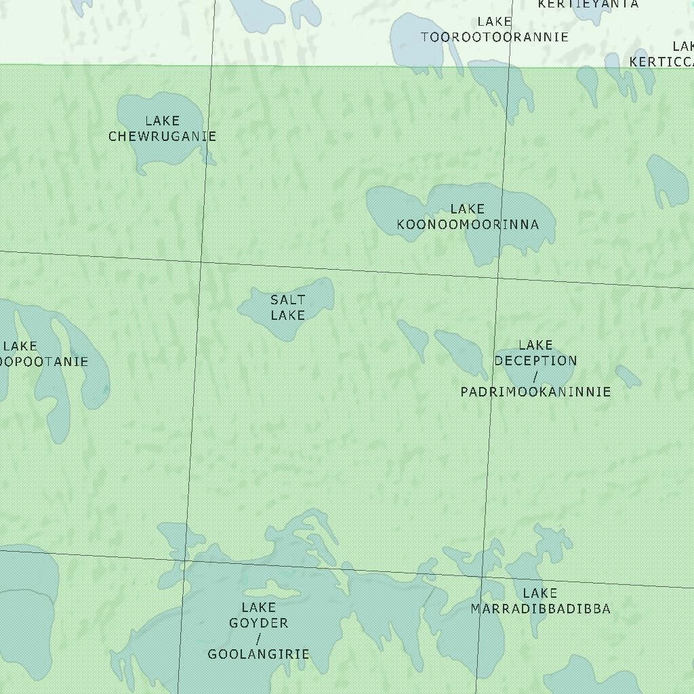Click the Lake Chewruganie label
pos(162,129)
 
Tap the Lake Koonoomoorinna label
pos(468,217)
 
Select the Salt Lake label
pos(288,307)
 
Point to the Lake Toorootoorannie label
pos(495,30)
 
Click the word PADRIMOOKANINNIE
pos(535,392)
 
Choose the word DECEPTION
pos(535,361)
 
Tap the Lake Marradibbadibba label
pos(540,602)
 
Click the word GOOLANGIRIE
pos(258,654)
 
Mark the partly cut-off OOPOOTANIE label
pos(44,361)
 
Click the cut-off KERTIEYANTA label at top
pos(588,4)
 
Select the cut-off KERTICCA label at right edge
pos(661,62)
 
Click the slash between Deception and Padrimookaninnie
pos(535,376)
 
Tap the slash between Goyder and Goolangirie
pos(258,638)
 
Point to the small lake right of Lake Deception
pos(628,376)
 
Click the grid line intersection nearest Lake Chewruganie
pos(201,262)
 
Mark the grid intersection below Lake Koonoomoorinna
pos(498,278)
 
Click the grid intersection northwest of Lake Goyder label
pos(186,560)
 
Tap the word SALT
pos(288,300)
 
